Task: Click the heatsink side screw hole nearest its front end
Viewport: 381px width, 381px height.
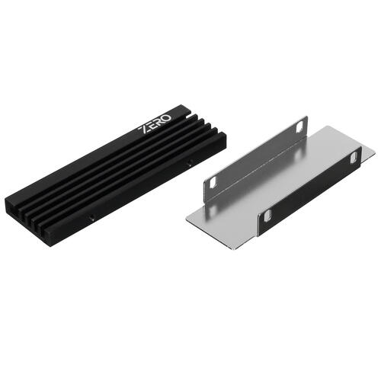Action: (x=91, y=218)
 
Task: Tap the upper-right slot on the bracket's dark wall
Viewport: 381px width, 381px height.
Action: (x=352, y=157)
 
